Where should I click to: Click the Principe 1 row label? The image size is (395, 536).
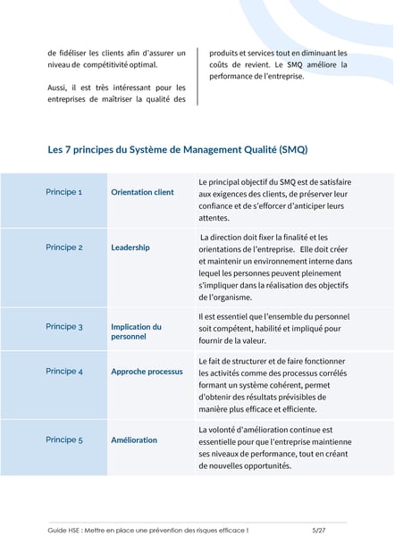(63, 192)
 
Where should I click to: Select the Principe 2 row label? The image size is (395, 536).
(63, 247)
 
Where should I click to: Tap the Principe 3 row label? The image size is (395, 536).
(63, 327)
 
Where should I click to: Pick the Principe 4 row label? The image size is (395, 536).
(63, 371)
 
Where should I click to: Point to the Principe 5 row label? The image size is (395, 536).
(63, 440)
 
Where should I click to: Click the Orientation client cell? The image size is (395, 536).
(142, 192)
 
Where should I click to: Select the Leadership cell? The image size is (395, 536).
(130, 247)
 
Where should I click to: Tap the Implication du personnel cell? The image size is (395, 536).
(136, 331)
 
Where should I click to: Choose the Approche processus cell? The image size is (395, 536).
(147, 371)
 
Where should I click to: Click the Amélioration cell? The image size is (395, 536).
(134, 440)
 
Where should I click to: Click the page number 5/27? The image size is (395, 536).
(319, 530)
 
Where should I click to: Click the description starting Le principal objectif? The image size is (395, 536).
(274, 199)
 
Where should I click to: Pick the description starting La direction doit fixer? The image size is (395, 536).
(274, 266)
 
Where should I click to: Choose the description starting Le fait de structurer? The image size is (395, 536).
(274, 385)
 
